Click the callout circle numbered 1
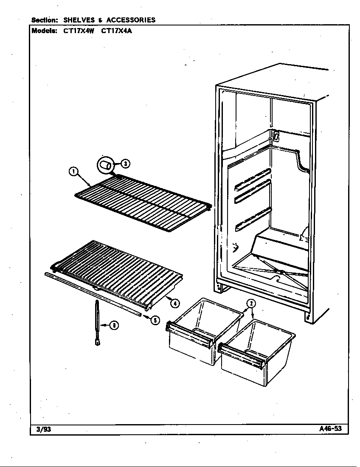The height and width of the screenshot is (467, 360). pos(73,172)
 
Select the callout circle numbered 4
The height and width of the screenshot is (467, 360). pos(175,303)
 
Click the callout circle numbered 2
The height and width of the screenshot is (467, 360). pos(251,303)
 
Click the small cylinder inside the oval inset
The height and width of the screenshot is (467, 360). pos(107,165)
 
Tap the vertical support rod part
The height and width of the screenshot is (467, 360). pos(97,322)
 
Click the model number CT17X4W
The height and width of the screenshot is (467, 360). pos(79,31)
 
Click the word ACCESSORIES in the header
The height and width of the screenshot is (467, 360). pos(131,20)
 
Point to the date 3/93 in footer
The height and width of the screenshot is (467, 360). pos(41,429)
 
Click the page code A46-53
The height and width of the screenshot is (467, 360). pos(330,428)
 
